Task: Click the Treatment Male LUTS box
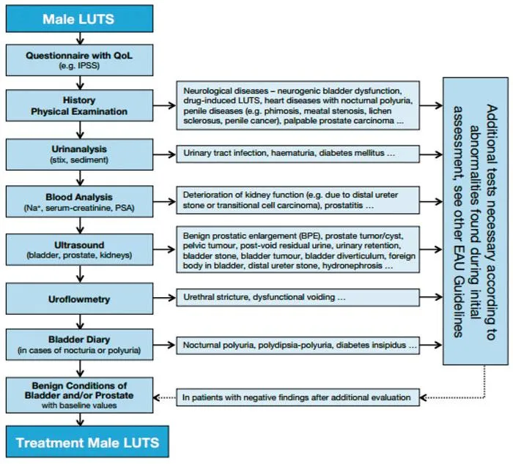[86, 442]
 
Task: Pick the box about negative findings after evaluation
[297, 397]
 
